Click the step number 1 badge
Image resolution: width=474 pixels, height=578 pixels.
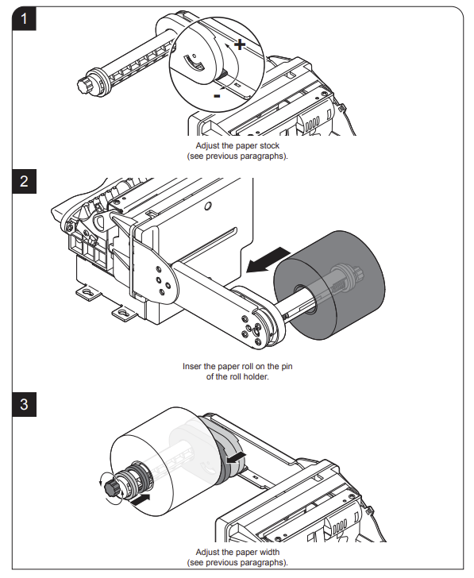click(25, 18)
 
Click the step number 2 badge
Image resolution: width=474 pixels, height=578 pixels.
click(25, 181)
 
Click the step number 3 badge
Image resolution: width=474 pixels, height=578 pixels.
click(25, 404)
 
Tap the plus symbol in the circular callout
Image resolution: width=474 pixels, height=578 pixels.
click(240, 44)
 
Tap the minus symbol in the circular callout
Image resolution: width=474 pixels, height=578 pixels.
click(217, 96)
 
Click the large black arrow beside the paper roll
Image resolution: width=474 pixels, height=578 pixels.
click(268, 260)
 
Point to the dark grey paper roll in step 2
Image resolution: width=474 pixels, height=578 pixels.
click(329, 285)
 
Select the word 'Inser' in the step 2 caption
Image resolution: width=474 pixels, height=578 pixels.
click(191, 367)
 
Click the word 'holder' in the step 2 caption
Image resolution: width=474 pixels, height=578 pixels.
click(256, 376)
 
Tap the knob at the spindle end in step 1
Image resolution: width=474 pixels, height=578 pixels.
click(85, 85)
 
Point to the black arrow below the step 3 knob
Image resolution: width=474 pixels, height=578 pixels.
click(140, 500)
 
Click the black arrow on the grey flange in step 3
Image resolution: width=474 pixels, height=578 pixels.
click(236, 457)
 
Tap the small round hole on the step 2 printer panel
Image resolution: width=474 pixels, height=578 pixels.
click(208, 206)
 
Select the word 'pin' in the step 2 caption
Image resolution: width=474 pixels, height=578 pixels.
click(287, 367)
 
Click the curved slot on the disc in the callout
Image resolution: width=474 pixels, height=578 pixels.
click(194, 62)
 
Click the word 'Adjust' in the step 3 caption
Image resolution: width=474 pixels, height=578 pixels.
click(207, 553)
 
